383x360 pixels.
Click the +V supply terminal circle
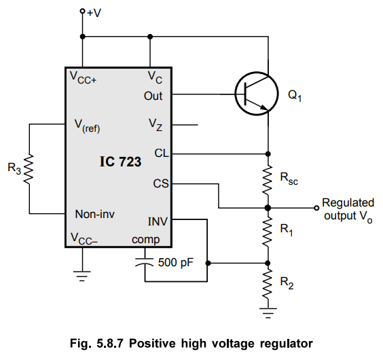point(83,11)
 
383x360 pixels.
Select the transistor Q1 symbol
point(257,94)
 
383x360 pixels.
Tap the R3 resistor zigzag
point(29,169)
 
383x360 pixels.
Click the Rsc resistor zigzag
point(268,180)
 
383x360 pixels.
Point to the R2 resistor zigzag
point(268,284)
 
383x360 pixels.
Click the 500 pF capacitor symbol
point(145,262)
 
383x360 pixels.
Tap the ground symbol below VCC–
point(82,276)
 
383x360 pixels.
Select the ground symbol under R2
point(268,313)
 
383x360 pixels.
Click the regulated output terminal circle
point(316,208)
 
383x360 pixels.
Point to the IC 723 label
point(120,162)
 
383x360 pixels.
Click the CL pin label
point(162,154)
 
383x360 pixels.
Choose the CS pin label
point(161,183)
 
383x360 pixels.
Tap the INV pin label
point(158,221)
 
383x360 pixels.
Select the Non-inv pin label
point(95,214)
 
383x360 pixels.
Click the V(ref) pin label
point(87,126)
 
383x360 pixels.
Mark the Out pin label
point(153,96)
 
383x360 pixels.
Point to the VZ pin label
point(156,125)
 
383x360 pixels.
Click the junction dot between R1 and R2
point(268,264)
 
